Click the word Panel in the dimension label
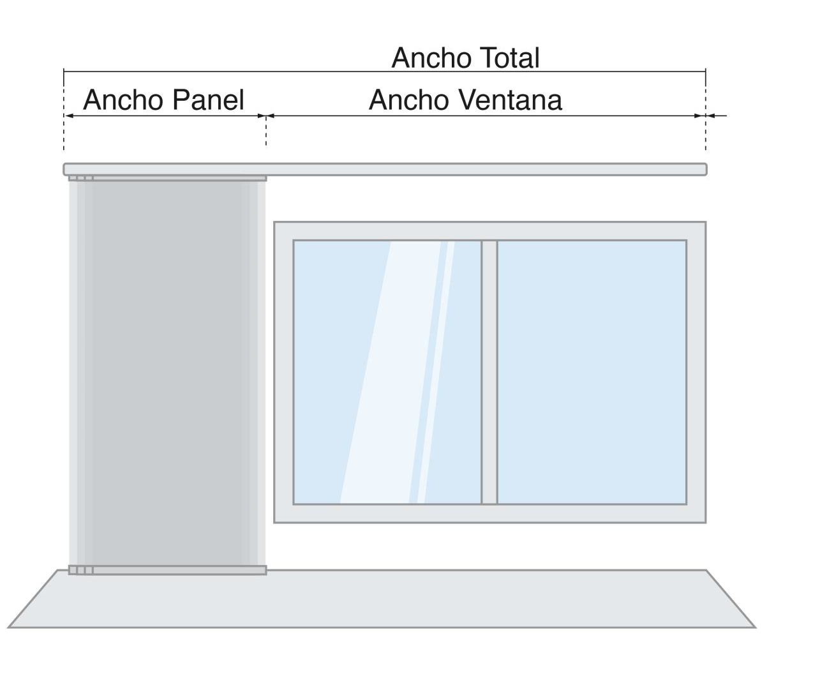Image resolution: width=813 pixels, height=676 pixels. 208,100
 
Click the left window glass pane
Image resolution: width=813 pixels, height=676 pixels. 387,372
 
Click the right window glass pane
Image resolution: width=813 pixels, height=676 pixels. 592,372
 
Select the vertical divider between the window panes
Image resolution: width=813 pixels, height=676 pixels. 489,372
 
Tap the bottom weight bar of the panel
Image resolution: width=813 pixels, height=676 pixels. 167,570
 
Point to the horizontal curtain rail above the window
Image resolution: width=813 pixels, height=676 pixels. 385,170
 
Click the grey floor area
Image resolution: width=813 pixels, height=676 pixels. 382,599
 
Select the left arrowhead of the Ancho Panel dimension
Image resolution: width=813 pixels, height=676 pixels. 70,116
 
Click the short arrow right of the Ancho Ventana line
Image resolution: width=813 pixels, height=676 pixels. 717,116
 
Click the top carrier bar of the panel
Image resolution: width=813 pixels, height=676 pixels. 167,179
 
